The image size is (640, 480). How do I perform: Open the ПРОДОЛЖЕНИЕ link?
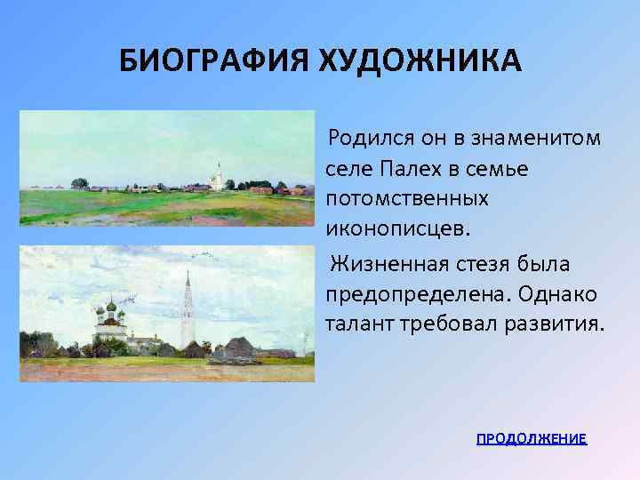click(x=532, y=439)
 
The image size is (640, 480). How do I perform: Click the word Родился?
click(x=364, y=140)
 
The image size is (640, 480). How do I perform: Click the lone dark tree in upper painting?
click(x=79, y=184)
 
